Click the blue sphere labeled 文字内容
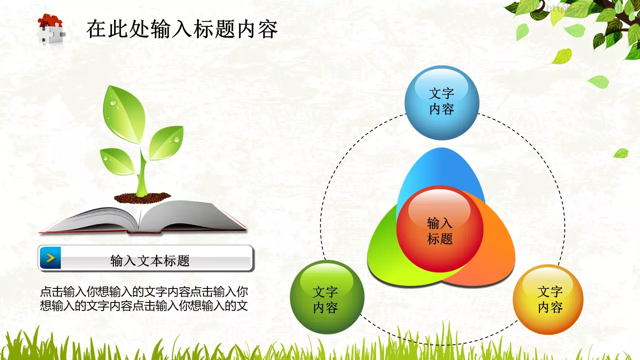pyautogui.click(x=442, y=102)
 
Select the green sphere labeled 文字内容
pyautogui.click(x=327, y=297)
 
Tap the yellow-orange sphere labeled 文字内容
pyautogui.click(x=548, y=300)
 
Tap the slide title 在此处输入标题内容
pyautogui.click(x=182, y=29)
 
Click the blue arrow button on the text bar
pyautogui.click(x=50, y=258)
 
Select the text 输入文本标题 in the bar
pyautogui.click(x=150, y=261)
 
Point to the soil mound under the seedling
pyautogui.click(x=142, y=197)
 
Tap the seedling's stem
pyautogui.click(x=142, y=176)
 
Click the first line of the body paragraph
pyautogui.click(x=144, y=292)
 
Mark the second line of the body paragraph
pyautogui.click(x=144, y=306)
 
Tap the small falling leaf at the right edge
pyautogui.click(x=621, y=153)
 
